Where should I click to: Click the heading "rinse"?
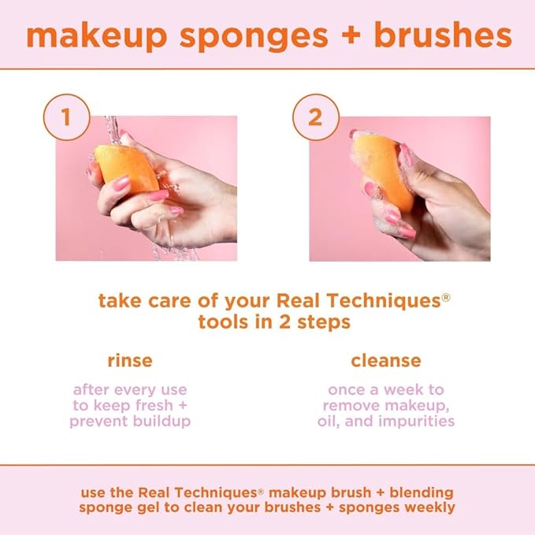point(130,361)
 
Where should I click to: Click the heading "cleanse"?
point(386,361)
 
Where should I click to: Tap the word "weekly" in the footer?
point(430,507)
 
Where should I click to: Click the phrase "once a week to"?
point(386,389)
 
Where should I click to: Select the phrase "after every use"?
point(130,389)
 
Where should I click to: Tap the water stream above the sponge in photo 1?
point(112,130)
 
